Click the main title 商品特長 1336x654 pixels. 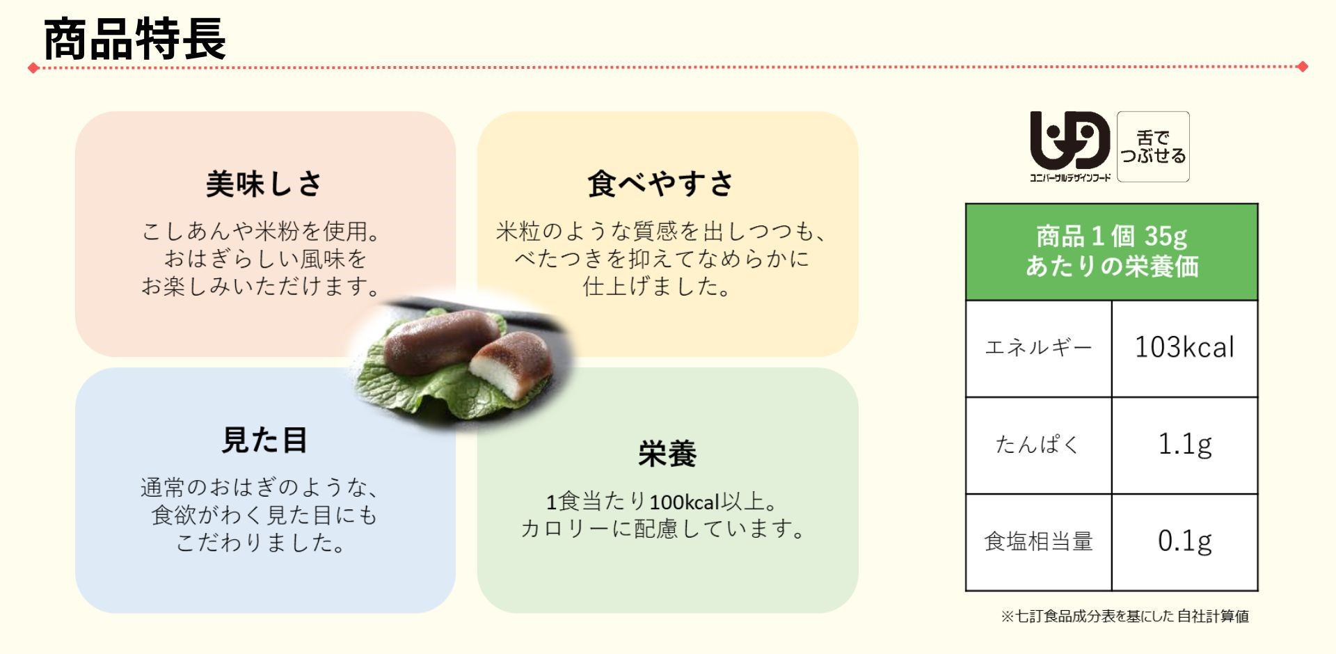point(135,39)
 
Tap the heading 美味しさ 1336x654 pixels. point(264,184)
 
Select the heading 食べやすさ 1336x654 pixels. point(660,184)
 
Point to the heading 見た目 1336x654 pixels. point(264,440)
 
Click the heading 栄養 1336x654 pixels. point(667,454)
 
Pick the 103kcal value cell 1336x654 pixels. point(1184,348)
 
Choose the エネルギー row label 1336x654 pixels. point(1038,348)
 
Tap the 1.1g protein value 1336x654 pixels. point(1184,445)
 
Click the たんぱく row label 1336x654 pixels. point(1037,445)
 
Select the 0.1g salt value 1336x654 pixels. point(1184,541)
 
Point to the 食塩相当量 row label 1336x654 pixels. point(1038,541)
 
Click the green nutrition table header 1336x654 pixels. point(1112,252)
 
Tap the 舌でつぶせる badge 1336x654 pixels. point(1153,147)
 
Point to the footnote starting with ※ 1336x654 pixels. point(1124,616)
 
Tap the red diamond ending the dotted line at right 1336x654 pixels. point(1303,67)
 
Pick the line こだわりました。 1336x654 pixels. point(262,543)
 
